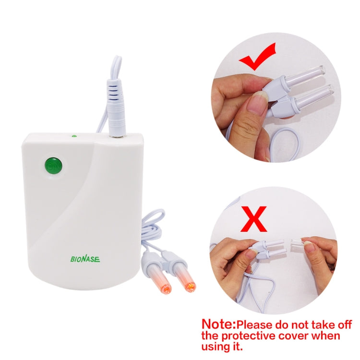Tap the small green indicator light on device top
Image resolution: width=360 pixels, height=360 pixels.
(x=74, y=136)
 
